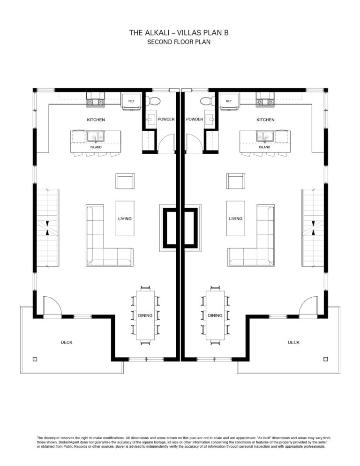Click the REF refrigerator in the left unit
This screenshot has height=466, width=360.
(131, 101)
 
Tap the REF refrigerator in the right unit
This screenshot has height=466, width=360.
(229, 101)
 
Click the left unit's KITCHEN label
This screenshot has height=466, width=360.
(96, 120)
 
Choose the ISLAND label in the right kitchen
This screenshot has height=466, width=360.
(264, 147)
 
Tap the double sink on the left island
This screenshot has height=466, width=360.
(96, 137)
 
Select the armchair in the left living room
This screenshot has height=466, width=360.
(125, 181)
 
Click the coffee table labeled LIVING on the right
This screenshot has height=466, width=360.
(235, 218)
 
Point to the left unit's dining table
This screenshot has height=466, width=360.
(145, 316)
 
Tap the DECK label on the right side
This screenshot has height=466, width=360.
(293, 342)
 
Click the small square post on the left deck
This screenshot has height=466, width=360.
(35, 359)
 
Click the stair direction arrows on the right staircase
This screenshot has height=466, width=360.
(313, 228)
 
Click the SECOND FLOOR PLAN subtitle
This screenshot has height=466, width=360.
(179, 42)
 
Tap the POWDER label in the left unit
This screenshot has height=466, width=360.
(166, 119)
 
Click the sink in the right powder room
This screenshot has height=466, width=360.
(210, 119)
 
